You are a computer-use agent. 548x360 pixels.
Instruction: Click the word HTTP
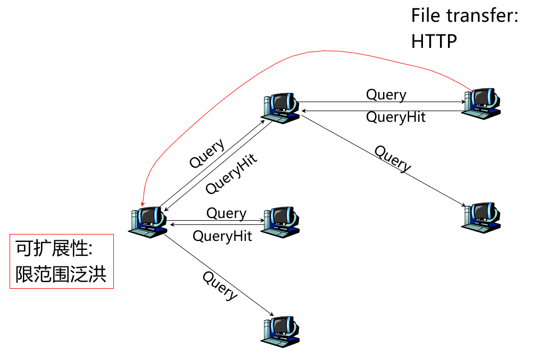[x=434, y=41]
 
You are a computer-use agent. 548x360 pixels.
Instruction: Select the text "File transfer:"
[x=464, y=15]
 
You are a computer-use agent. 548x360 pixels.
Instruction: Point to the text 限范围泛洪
[x=61, y=274]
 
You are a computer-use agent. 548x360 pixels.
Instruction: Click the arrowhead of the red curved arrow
[x=142, y=205]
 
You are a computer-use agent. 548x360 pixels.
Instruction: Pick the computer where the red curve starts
[x=483, y=103]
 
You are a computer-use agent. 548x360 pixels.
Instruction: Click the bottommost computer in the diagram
[x=280, y=332]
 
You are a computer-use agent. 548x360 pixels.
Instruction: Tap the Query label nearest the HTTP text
[x=386, y=95]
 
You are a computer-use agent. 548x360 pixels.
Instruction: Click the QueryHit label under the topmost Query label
[x=396, y=117]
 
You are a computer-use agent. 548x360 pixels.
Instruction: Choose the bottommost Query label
[x=220, y=285]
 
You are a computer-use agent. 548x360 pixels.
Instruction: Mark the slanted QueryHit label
[x=231, y=173]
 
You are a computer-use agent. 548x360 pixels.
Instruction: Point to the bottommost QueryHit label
[x=222, y=236]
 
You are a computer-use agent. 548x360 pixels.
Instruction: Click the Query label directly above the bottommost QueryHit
[x=226, y=213]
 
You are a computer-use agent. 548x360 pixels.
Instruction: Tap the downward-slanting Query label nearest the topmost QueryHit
[x=393, y=158]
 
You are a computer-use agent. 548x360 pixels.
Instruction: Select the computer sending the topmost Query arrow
[x=280, y=108]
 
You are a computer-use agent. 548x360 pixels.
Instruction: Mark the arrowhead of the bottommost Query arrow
[x=275, y=315]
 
